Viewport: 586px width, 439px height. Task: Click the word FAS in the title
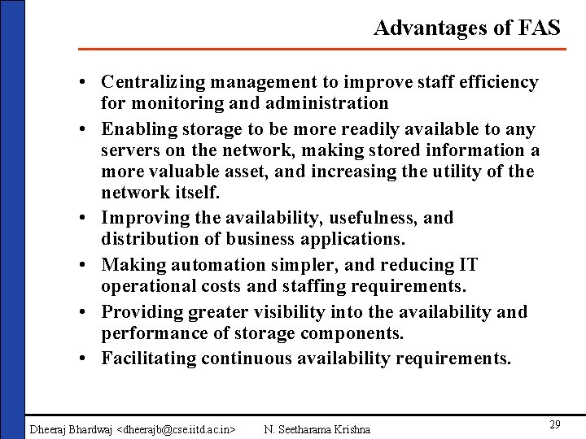tap(539, 28)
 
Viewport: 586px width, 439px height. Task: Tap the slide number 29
tap(555, 424)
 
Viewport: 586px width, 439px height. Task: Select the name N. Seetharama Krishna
tap(317, 428)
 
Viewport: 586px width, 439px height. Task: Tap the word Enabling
tap(137, 129)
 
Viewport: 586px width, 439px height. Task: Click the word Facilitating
tap(149, 359)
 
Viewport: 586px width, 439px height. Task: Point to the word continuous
tap(251, 359)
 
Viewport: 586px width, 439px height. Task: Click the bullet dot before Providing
tap(85, 313)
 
